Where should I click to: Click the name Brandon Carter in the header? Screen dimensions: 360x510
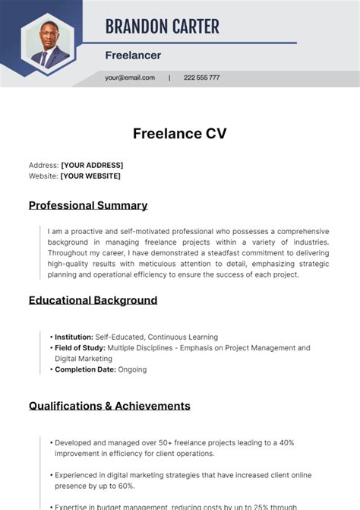pyautogui.click(x=162, y=27)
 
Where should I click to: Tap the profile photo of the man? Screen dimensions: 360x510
pyautogui.click(x=47, y=44)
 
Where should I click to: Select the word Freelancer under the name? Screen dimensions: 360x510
pyautogui.click(x=133, y=55)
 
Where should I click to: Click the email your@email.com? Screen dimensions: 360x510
pyautogui.click(x=130, y=78)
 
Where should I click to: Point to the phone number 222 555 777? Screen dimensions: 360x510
pyautogui.click(x=201, y=78)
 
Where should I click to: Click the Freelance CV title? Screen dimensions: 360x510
pyautogui.click(x=179, y=134)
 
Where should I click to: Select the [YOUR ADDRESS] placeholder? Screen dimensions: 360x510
pyautogui.click(x=92, y=165)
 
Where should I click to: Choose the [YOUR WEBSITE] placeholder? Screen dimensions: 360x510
pyautogui.click(x=90, y=176)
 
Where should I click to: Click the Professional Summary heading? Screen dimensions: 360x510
pyautogui.click(x=88, y=205)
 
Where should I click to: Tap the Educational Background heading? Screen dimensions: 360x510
pyautogui.click(x=93, y=300)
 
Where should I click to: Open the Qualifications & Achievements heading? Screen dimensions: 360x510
pyautogui.click(x=109, y=406)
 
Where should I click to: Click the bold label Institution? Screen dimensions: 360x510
pyautogui.click(x=74, y=337)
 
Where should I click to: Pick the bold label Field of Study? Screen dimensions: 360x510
pyautogui.click(x=80, y=348)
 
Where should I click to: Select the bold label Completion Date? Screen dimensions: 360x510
pyautogui.click(x=85, y=369)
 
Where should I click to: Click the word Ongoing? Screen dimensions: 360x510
pyautogui.click(x=133, y=369)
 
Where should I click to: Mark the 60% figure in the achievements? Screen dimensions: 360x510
pyautogui.click(x=126, y=486)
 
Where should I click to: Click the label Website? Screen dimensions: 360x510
pyautogui.click(x=43, y=176)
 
